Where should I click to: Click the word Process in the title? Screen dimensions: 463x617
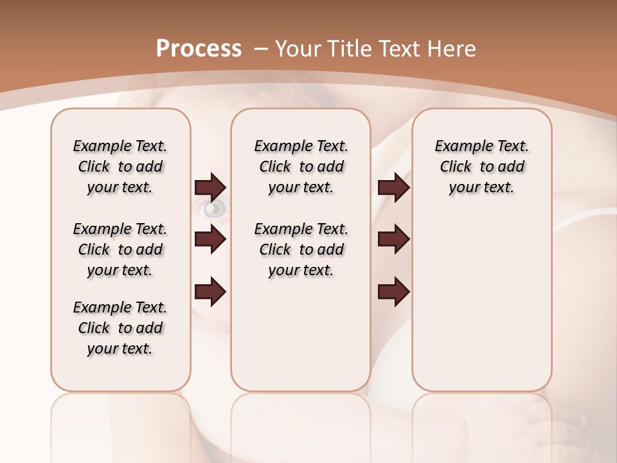pos(199,49)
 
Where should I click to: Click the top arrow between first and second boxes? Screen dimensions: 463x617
pos(210,187)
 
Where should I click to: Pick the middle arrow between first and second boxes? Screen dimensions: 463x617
pos(210,239)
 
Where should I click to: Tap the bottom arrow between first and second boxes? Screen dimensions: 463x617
pos(210,292)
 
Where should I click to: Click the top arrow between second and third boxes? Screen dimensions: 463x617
pos(393,187)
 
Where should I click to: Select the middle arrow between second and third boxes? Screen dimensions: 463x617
pos(393,239)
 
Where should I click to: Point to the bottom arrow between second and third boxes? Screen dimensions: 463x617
pos(393,292)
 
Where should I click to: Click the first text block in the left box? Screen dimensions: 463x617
pos(120,167)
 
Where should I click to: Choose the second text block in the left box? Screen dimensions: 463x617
pos(120,250)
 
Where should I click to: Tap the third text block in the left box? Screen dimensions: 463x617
pos(120,328)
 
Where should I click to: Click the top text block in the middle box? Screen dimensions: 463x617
pos(301,167)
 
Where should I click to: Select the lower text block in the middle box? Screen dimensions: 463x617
pos(301,250)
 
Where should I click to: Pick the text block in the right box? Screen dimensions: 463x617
pos(481,167)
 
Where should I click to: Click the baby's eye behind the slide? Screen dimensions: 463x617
pos(216,208)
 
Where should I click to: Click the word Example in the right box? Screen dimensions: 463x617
pos(459,147)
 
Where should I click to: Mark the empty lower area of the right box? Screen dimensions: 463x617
pos(481,309)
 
